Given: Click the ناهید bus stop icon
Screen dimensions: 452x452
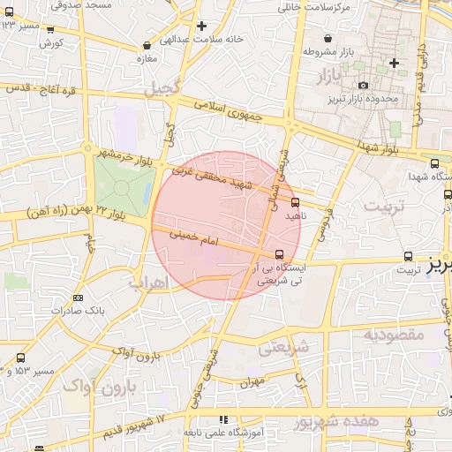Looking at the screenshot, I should [295, 202].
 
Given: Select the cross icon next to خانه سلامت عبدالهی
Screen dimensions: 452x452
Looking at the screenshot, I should [202, 26].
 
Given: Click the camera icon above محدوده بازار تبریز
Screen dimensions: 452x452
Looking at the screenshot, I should [363, 85].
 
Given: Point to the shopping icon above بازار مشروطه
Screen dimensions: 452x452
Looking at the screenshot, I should [328, 39].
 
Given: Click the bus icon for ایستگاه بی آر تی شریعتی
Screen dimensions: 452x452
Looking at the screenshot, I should [281, 254].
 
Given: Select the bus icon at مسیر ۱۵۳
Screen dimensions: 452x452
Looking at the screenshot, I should [20, 358].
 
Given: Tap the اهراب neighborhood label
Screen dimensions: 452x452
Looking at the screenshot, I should [147, 282].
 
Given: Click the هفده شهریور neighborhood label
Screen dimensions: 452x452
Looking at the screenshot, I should [344, 421].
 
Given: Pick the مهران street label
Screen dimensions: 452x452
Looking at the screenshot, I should [251, 383].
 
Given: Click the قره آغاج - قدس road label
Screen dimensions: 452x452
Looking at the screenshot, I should [42, 89].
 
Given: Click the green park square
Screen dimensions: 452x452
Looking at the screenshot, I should [124, 179].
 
